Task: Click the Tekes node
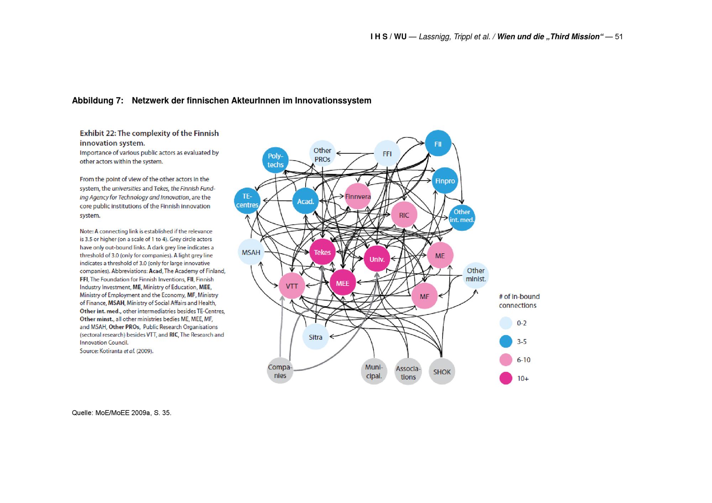coord(322,252)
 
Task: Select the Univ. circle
coord(377,259)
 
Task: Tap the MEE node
coord(342,283)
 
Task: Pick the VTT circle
coord(292,286)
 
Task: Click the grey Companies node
coord(280,371)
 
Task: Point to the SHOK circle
coord(442,372)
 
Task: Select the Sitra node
coord(315,337)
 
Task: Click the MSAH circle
coord(251,252)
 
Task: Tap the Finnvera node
coord(358,196)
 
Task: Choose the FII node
coord(438,144)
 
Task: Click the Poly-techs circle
coord(275,160)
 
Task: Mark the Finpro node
coord(445,181)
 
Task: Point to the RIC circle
coord(404,215)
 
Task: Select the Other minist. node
coord(476,275)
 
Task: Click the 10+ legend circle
coord(506,378)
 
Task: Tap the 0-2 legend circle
coord(506,323)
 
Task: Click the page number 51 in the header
coord(618,37)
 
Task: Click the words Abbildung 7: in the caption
coord(98,101)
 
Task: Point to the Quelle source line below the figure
coord(121,413)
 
